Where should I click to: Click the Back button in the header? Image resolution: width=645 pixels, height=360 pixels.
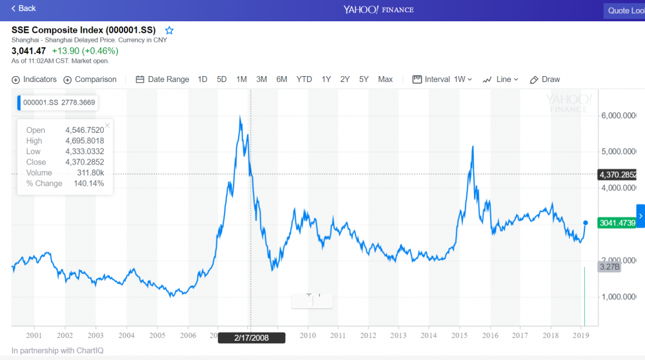(24, 8)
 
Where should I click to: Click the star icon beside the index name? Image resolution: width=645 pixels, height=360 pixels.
(170, 30)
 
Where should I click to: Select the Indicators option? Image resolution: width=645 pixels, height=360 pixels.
(34, 79)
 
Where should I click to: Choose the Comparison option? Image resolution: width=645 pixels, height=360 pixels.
(90, 79)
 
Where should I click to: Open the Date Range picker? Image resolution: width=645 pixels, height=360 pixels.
(163, 79)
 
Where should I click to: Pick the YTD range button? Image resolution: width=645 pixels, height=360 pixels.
(304, 79)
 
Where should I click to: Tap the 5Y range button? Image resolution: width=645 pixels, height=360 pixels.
(364, 79)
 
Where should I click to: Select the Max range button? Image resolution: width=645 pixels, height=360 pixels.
(385, 79)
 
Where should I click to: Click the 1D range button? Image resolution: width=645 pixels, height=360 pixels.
(203, 79)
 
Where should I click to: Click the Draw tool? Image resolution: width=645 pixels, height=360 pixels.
(545, 79)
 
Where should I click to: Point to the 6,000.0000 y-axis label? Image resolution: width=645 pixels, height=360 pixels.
(619, 115)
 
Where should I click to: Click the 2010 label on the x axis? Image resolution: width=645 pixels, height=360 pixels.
(308, 335)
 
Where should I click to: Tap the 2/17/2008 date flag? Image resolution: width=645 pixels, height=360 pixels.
(251, 337)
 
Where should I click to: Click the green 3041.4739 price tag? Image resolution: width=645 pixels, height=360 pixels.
(617, 222)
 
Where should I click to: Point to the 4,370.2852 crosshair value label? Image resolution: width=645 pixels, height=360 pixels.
(618, 175)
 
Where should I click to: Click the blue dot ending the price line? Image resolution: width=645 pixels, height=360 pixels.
(585, 222)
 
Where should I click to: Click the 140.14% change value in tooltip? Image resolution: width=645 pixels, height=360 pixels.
(90, 183)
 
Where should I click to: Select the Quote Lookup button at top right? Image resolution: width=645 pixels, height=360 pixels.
(624, 10)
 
